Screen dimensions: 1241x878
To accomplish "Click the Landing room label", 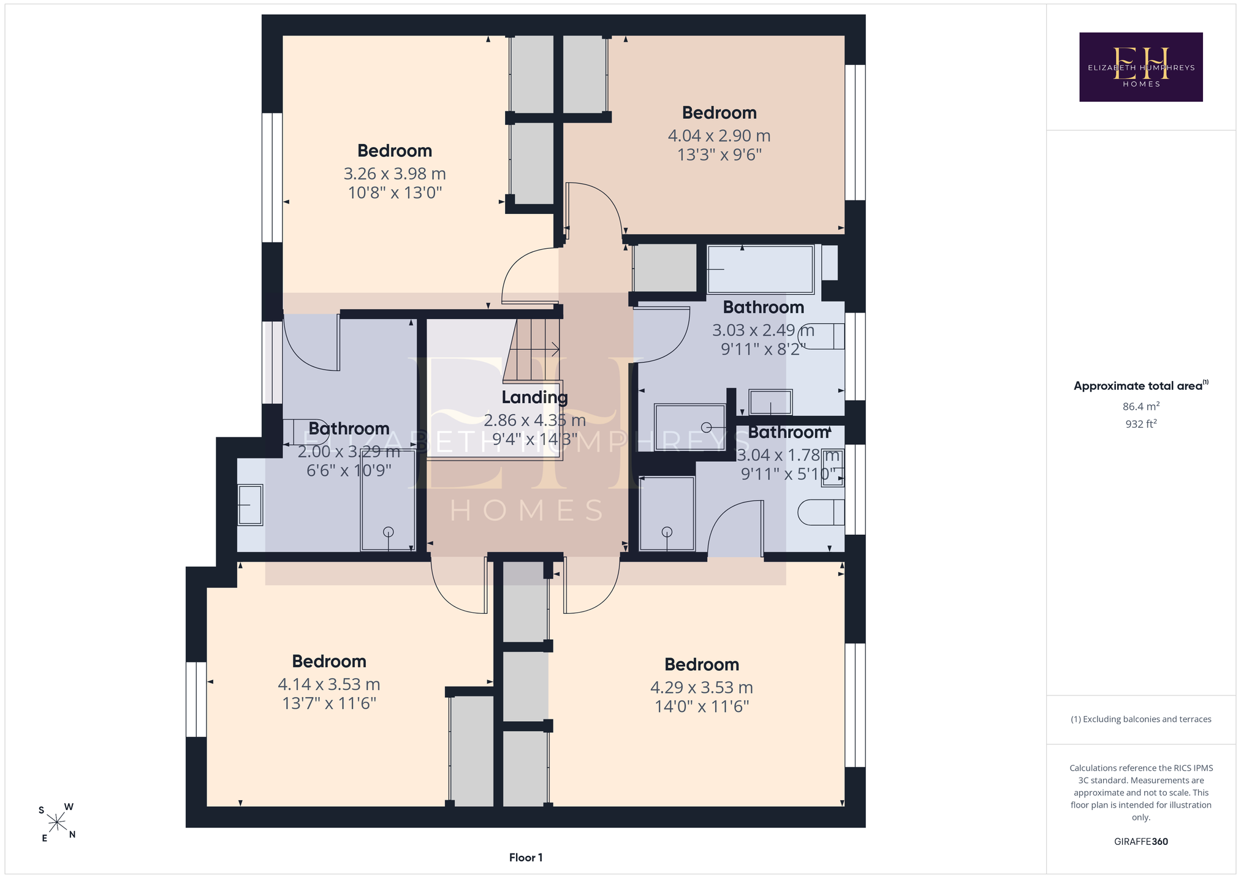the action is pyautogui.click(x=534, y=398).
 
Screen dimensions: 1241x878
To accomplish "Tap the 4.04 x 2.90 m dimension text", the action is pyautogui.click(x=719, y=135).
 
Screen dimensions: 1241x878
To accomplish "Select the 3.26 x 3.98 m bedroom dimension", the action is pyautogui.click(x=395, y=173).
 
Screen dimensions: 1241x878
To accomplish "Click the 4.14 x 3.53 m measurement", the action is pyautogui.click(x=329, y=684).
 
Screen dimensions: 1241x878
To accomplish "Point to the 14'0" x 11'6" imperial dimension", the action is pyautogui.click(x=702, y=706).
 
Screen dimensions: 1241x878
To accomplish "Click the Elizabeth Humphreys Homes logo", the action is pyautogui.click(x=1140, y=67).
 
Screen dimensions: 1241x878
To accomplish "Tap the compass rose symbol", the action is pyautogui.click(x=56, y=822).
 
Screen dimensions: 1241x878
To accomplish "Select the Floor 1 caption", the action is pyautogui.click(x=526, y=857).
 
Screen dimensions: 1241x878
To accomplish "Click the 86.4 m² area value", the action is pyautogui.click(x=1140, y=406).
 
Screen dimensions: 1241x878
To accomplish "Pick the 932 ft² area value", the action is pyautogui.click(x=1140, y=423).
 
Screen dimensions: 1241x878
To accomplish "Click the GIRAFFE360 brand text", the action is pyautogui.click(x=1140, y=841).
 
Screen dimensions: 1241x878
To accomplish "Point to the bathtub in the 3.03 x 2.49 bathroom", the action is pyautogui.click(x=761, y=270).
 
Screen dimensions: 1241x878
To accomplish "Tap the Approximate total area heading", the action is pyautogui.click(x=1140, y=385).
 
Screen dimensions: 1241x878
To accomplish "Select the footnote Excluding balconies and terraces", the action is pyautogui.click(x=1140, y=719).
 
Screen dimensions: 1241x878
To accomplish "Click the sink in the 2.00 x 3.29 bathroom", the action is pyautogui.click(x=250, y=505).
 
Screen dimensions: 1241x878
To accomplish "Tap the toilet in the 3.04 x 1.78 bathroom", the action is pyautogui.click(x=821, y=512).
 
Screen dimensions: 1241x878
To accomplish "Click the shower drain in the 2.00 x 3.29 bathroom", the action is pyautogui.click(x=388, y=532).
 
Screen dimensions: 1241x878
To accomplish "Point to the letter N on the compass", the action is pyautogui.click(x=72, y=834).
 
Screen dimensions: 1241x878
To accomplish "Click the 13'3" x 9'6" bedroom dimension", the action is pyautogui.click(x=719, y=154).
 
